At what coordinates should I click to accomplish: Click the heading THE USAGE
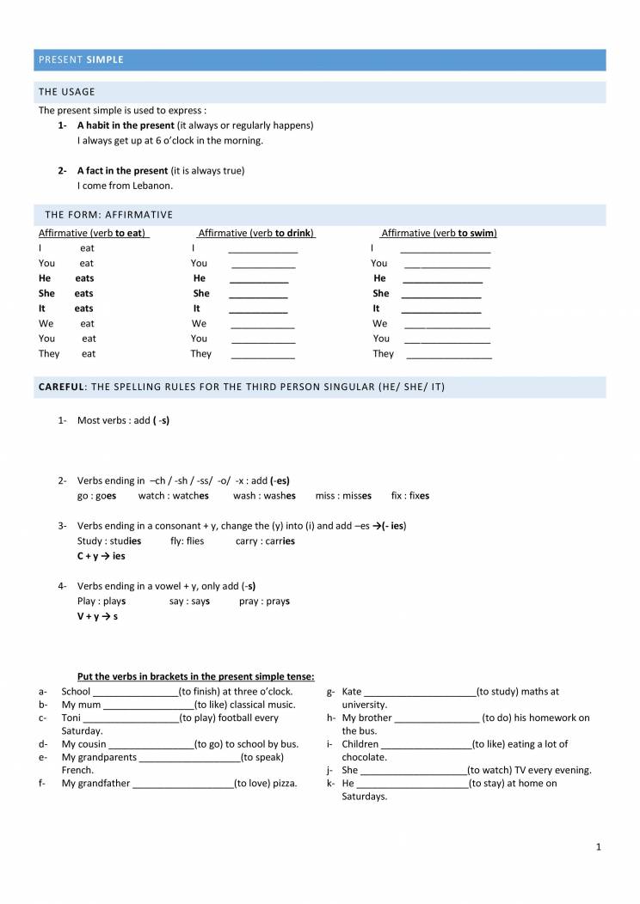tap(67, 92)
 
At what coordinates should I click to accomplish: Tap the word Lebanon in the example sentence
tap(153, 186)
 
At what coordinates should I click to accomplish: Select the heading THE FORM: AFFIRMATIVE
tap(109, 214)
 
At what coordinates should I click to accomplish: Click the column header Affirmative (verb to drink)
tap(256, 233)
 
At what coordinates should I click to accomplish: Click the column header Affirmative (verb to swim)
tap(439, 233)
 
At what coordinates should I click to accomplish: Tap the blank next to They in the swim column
tap(448, 355)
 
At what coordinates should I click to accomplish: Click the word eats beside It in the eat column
tap(83, 308)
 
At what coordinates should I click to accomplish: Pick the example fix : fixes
tap(410, 496)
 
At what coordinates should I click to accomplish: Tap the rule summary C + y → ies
tap(102, 556)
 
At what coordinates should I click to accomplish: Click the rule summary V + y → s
tap(98, 616)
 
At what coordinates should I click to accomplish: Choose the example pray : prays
tap(264, 602)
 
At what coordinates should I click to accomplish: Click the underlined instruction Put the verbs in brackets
tap(196, 676)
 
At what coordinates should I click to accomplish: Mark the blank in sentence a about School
tap(134, 693)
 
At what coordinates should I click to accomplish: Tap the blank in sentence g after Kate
tap(420, 693)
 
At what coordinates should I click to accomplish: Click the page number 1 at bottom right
tap(599, 847)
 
